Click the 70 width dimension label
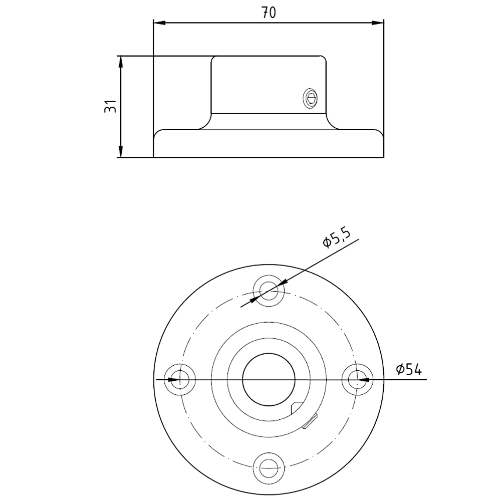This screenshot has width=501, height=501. pos(269,13)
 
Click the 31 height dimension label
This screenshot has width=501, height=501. pos(111,106)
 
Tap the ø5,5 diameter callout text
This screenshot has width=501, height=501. pos(337,237)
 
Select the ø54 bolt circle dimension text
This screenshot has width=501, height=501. pos(409,369)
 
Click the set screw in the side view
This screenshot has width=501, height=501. pos(310,98)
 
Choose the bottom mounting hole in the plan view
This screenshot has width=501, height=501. pos(269,468)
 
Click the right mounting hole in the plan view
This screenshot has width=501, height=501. pos(357,380)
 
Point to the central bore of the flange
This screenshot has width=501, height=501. pos(269,380)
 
